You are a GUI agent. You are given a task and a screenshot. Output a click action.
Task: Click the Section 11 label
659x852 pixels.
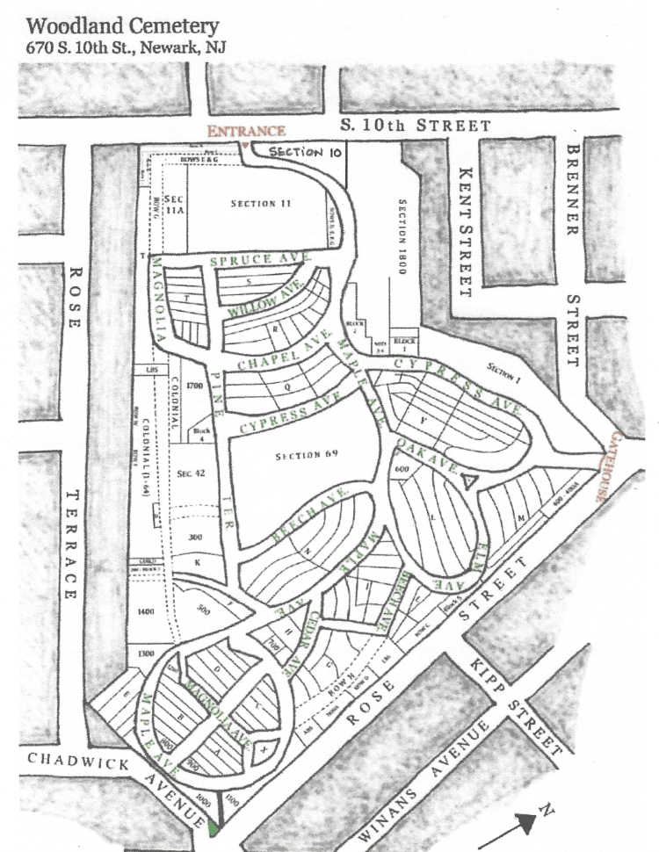pos(260,204)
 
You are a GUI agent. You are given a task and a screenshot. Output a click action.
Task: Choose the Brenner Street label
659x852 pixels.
pos(573,255)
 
